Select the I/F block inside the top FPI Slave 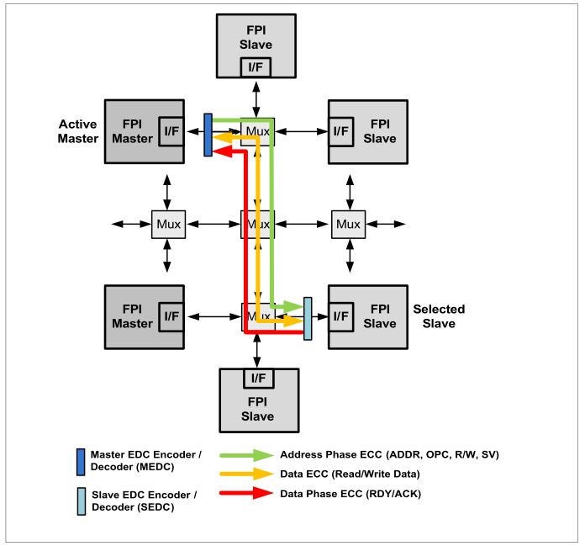[x=256, y=67]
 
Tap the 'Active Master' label [x=78, y=131]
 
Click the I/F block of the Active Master [x=171, y=130]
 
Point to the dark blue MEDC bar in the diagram [x=208, y=135]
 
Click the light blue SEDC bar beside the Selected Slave [x=308, y=319]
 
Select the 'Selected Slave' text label [x=439, y=316]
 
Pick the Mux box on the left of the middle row [x=168, y=224]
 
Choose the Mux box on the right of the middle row [x=347, y=224]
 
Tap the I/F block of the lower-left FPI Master [x=171, y=315]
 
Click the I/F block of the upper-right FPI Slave [x=340, y=130]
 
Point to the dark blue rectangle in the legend [x=80, y=462]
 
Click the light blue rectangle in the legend [x=80, y=501]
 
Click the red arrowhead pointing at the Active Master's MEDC [x=221, y=151]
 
